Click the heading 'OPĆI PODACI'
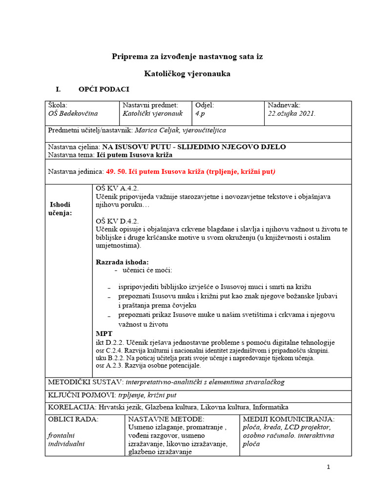104,89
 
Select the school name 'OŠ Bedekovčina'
73,113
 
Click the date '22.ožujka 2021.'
292,113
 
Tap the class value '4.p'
201,113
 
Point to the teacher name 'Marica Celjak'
157,130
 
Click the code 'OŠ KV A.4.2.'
117,188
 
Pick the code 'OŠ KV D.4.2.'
117,221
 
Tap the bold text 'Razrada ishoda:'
122,262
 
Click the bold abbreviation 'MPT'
104,333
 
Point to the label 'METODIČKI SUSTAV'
85,381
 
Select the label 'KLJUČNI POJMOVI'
81,394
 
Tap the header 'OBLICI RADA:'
73,419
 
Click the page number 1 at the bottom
329,467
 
